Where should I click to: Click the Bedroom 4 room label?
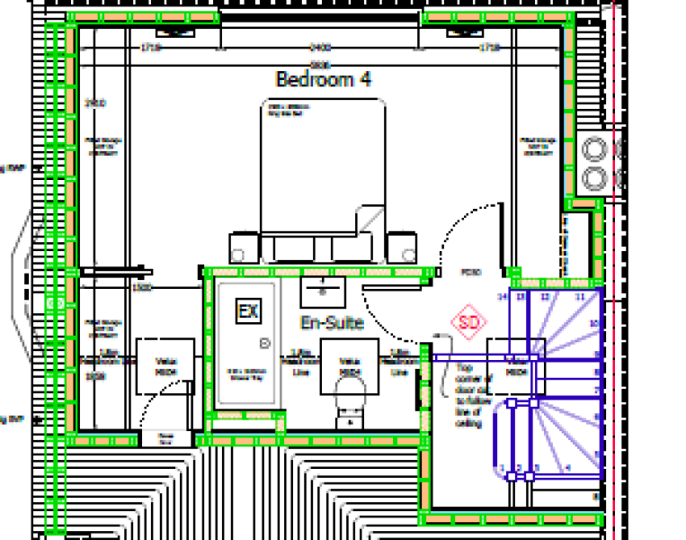324,79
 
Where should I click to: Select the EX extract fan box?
248,312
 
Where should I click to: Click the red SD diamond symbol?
468,321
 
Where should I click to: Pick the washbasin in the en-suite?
318,289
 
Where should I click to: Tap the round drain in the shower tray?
264,343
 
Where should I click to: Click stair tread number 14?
503,296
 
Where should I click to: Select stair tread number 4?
566,468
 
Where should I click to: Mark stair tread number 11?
580,296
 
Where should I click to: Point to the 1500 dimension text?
141,288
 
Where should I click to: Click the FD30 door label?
470,272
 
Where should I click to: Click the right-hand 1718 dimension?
489,47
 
